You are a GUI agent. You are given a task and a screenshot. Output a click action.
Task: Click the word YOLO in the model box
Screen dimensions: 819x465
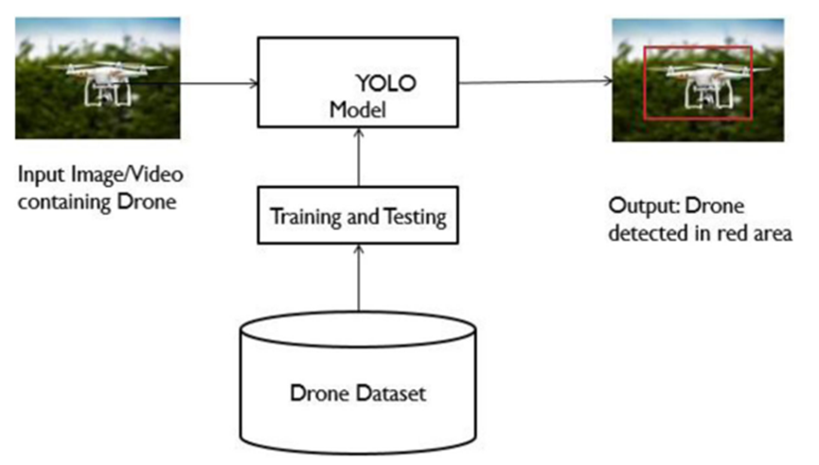point(386,83)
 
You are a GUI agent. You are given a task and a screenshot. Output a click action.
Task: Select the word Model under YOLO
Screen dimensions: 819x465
point(358,110)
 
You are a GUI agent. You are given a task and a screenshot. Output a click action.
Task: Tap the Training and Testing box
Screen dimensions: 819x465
point(358,215)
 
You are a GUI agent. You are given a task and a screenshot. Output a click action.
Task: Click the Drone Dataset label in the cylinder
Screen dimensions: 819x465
point(358,393)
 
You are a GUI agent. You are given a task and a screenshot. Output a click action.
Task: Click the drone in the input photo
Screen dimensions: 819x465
point(110,82)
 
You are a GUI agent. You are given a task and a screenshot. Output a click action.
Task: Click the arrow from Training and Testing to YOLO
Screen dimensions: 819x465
point(358,157)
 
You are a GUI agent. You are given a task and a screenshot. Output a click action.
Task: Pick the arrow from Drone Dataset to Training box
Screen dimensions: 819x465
point(358,278)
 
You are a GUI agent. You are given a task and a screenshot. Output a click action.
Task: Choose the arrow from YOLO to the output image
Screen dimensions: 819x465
point(535,81)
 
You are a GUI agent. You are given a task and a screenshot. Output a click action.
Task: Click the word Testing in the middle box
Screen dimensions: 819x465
point(416,217)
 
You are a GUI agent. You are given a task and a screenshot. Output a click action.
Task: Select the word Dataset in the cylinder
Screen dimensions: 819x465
point(391,393)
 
